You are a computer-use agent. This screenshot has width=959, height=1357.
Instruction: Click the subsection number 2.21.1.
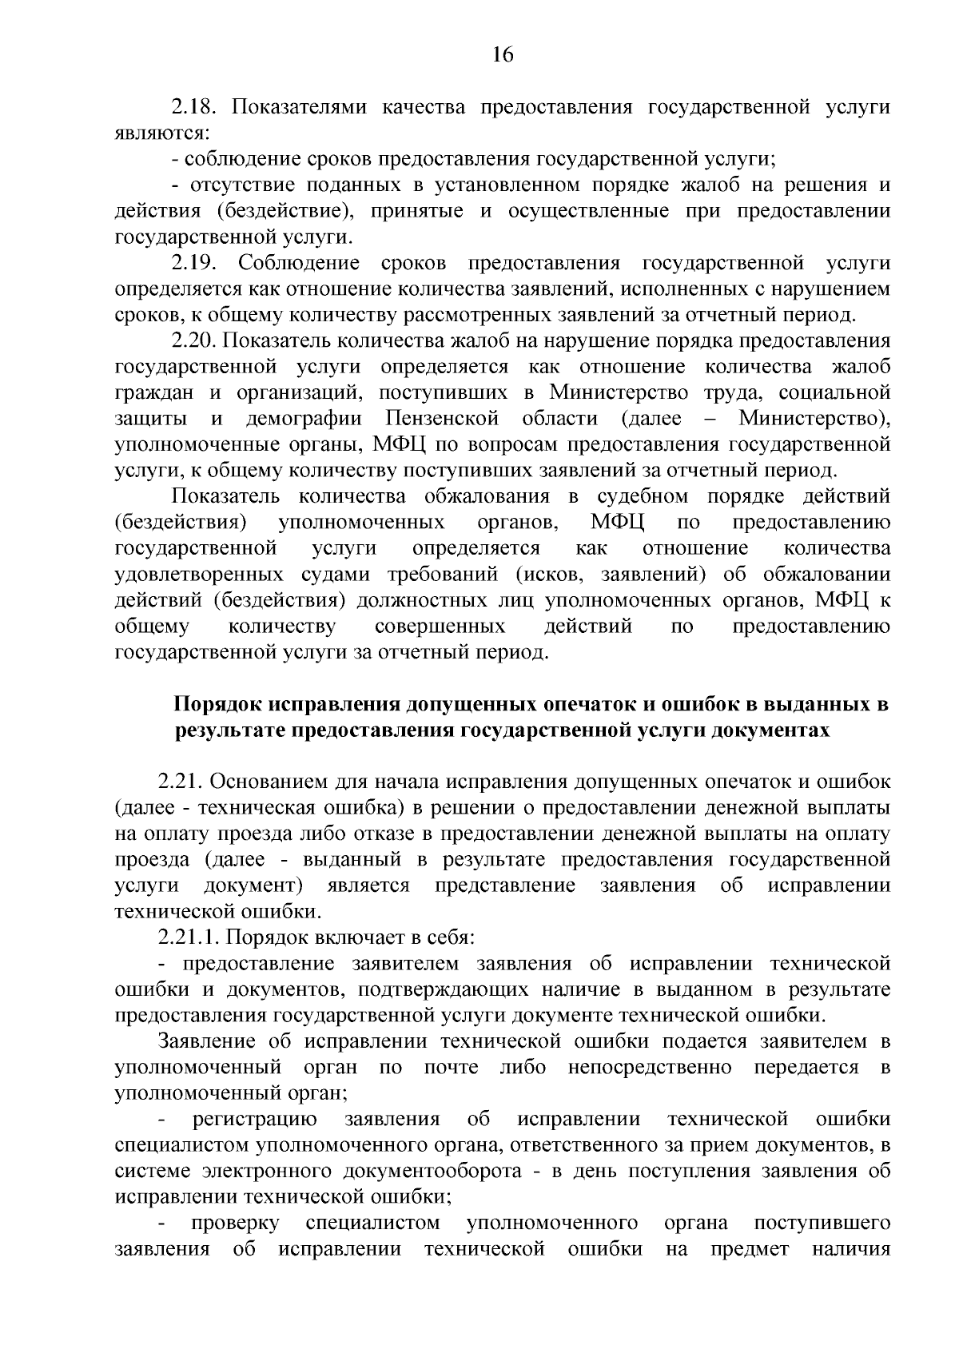194,937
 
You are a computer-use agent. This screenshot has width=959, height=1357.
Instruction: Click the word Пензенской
442,419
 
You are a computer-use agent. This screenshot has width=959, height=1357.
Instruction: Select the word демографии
304,419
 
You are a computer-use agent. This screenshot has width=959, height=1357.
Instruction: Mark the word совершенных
440,627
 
